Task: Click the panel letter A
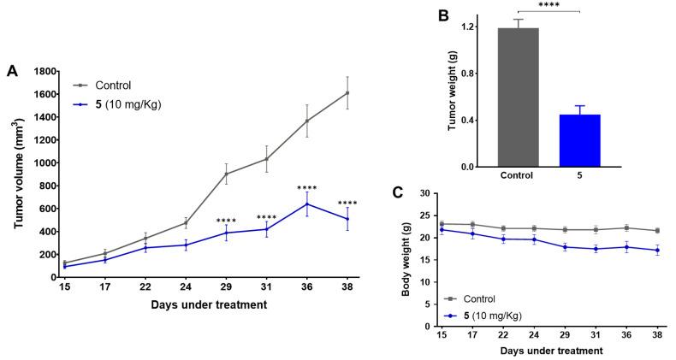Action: pyautogui.click(x=12, y=72)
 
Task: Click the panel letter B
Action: pyautogui.click(x=444, y=15)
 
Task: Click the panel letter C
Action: pyautogui.click(x=396, y=192)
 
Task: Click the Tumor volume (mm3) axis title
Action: pyautogui.click(x=19, y=175)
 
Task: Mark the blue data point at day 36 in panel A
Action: pyautogui.click(x=307, y=204)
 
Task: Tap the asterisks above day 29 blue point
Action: pyautogui.click(x=226, y=221)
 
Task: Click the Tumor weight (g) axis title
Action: pyautogui.click(x=454, y=90)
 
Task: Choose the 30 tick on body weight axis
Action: pyautogui.click(x=425, y=194)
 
